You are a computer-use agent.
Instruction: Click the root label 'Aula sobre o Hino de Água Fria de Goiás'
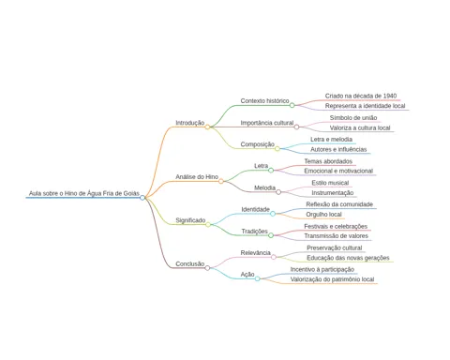84,193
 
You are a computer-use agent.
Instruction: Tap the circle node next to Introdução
207,127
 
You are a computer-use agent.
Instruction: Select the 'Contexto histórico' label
264,101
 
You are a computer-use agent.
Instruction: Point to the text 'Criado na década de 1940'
361,96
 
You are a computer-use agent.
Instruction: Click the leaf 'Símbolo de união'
353,118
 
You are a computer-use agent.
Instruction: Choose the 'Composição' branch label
257,144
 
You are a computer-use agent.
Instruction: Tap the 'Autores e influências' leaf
338,149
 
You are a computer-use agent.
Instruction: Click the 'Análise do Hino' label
197,177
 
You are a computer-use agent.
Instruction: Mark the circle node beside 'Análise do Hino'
221,181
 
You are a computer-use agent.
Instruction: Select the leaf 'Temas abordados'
328,161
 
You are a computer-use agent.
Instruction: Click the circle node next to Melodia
278,192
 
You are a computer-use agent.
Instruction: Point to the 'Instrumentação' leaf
333,193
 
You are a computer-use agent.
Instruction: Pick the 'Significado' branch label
190,220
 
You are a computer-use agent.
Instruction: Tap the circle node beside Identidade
273,214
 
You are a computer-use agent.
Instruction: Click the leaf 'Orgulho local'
323,215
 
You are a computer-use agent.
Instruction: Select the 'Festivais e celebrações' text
336,226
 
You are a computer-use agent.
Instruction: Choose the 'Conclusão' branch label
189,263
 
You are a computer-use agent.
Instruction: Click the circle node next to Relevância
274,257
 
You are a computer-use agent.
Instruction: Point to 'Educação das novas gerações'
348,258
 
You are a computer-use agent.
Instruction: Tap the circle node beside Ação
257,278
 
